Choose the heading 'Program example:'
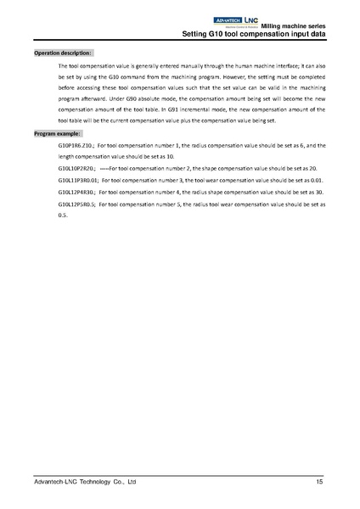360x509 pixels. tap(59, 134)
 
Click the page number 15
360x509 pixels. tap(319, 482)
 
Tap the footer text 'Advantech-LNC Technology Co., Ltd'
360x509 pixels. tap(84, 482)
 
